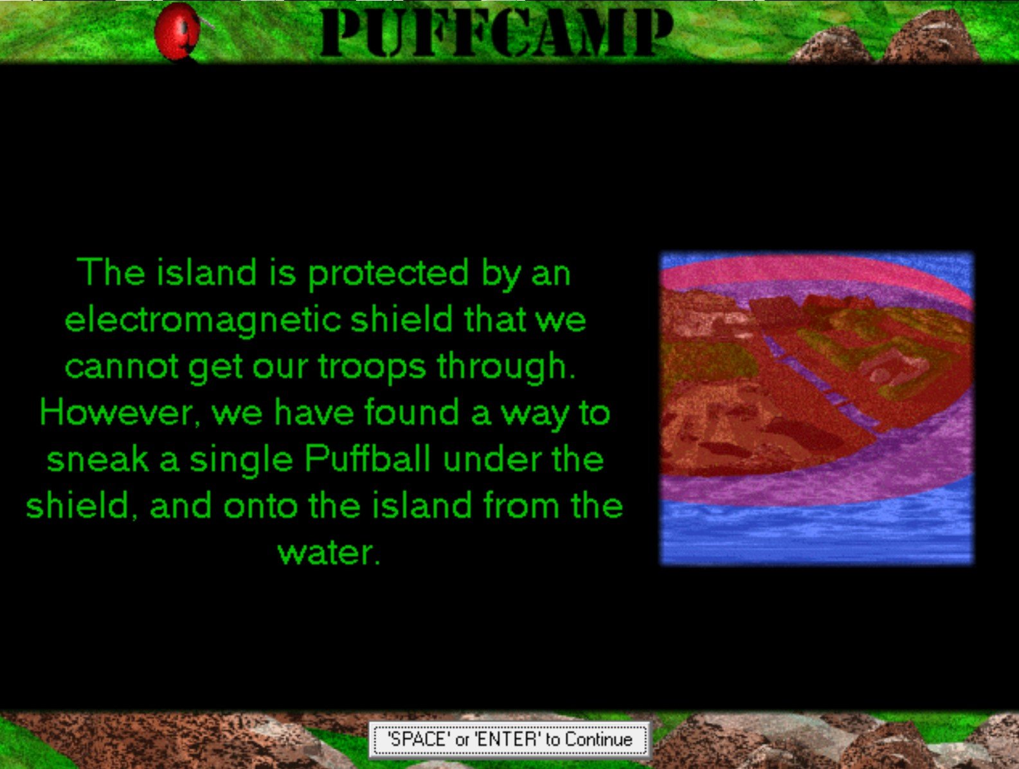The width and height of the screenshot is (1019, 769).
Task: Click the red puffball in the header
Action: tap(179, 31)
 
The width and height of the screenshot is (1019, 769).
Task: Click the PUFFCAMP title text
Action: tap(496, 33)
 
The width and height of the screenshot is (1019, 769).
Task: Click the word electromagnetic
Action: tap(203, 321)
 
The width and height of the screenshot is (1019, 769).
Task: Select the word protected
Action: tap(388, 274)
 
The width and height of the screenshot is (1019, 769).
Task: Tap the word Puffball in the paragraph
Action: tap(366, 459)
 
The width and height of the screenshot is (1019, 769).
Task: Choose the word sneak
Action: tap(98, 459)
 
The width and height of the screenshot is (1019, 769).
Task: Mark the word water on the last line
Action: tap(329, 552)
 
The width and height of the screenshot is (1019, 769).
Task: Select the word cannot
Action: tap(121, 366)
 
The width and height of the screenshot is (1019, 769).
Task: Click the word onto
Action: tap(260, 506)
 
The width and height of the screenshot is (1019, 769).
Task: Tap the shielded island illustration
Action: tap(816, 409)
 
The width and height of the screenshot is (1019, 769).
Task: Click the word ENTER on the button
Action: tap(509, 739)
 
